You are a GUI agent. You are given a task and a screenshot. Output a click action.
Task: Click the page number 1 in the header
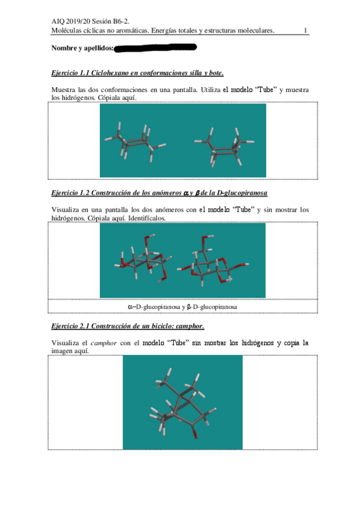click(306, 31)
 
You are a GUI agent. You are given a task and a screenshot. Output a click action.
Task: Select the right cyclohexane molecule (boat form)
click(223, 146)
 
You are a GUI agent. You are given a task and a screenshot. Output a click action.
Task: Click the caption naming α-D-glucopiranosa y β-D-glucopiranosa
click(182, 307)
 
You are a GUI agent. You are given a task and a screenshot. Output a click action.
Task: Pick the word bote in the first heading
click(214, 73)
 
